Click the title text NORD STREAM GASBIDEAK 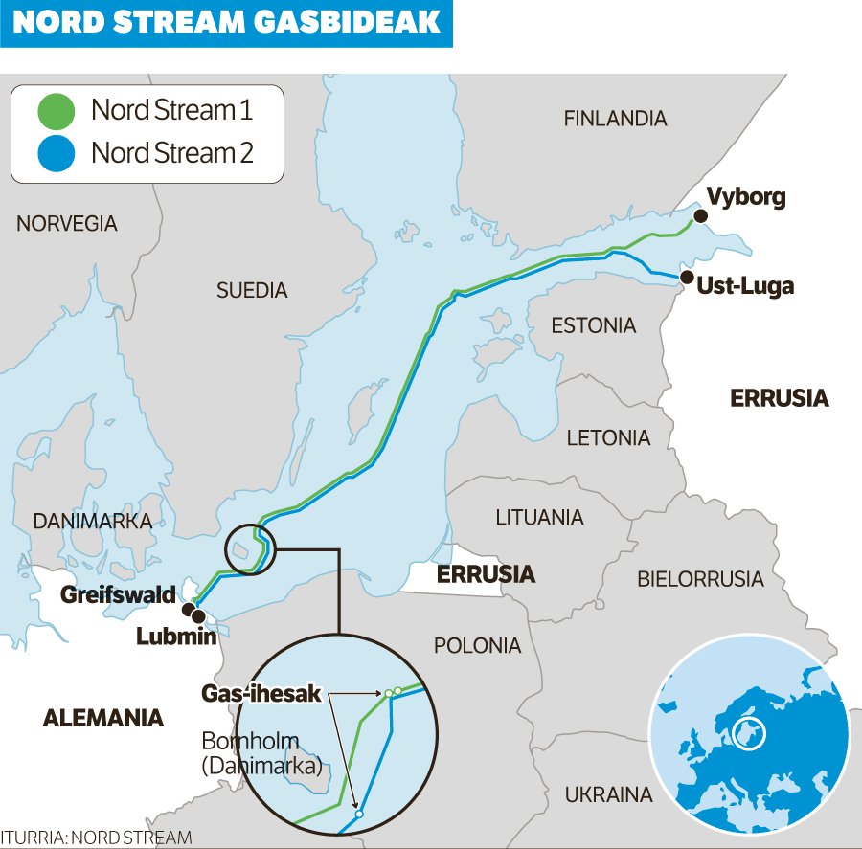tap(226, 23)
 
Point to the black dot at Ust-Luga tap(686, 278)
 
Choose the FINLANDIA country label tap(615, 119)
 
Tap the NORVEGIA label tap(67, 224)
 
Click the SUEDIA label tap(252, 290)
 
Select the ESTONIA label tap(593, 325)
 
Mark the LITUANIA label tap(539, 517)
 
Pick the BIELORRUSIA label tap(700, 579)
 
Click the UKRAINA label tap(608, 794)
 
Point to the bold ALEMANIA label tap(103, 718)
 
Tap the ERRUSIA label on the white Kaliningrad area tap(486, 574)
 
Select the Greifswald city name tap(118, 594)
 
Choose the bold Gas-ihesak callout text tap(261, 694)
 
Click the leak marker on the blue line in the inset tap(359, 814)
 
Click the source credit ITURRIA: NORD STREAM tap(96, 838)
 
